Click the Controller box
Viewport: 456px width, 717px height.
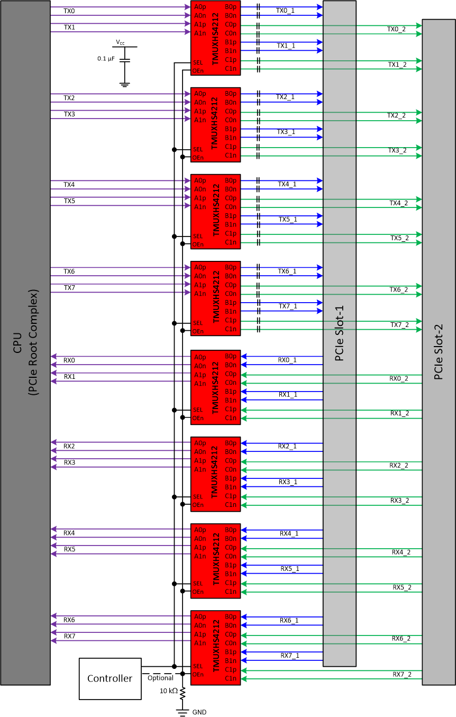(110, 678)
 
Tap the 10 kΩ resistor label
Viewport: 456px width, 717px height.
(169, 691)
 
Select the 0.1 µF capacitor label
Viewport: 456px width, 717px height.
(106, 59)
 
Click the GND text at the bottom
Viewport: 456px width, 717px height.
(199, 712)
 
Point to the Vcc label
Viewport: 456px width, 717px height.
(121, 42)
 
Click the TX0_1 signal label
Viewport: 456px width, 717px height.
(286, 11)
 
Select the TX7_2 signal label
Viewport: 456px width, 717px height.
(399, 324)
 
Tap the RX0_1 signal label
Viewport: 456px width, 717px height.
(287, 360)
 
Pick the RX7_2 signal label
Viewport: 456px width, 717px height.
(402, 674)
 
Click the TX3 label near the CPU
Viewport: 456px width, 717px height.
(69, 114)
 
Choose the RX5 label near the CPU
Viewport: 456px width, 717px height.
(69, 549)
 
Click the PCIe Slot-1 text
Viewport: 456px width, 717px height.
(340, 333)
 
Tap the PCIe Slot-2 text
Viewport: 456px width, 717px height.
(439, 352)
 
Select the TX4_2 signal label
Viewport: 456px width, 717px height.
(398, 203)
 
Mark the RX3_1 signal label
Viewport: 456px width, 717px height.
(288, 482)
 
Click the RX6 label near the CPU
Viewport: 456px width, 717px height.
(69, 619)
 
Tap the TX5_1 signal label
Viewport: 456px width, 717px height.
(288, 219)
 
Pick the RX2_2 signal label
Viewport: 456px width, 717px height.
(399, 465)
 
